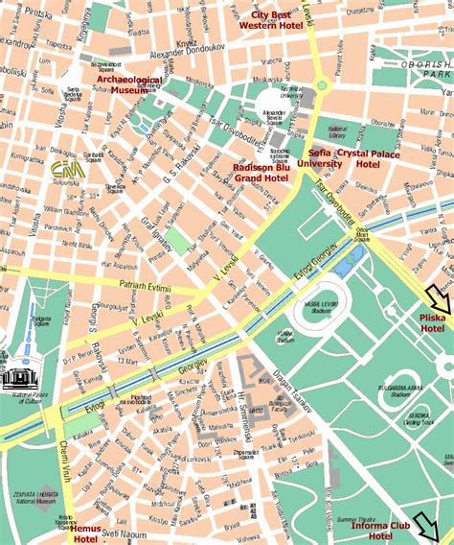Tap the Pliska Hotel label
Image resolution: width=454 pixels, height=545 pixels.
pos(432,322)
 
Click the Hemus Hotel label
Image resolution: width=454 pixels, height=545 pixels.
pos(86,533)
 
